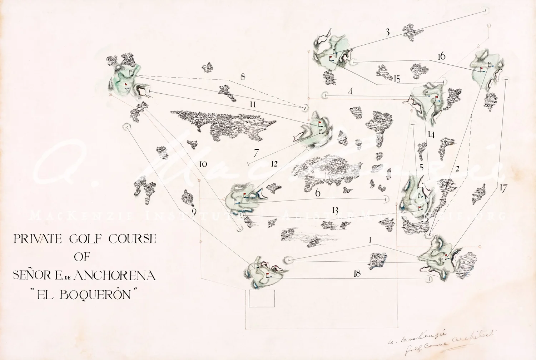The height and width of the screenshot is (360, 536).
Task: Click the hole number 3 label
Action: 388,33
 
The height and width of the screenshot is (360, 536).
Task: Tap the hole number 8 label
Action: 243,77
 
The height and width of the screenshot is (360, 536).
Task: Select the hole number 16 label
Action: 441,56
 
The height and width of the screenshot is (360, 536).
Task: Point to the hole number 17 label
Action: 503,188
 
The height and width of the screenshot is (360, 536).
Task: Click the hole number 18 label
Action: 357,273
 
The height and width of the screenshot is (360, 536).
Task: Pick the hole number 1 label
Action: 370,240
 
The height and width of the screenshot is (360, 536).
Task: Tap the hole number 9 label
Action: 194,212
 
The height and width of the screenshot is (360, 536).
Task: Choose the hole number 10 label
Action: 203,164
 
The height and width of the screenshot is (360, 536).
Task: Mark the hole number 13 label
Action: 335,211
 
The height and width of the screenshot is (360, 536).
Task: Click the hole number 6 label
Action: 318,193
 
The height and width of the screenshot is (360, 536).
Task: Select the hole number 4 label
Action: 351,91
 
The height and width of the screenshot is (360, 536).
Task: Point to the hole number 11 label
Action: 253,104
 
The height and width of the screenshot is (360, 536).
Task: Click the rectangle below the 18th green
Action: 262,299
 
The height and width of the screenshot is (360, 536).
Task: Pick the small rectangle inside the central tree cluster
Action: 320,174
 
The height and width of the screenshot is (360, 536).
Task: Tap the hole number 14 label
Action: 431,135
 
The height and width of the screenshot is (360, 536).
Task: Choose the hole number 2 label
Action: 457,169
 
